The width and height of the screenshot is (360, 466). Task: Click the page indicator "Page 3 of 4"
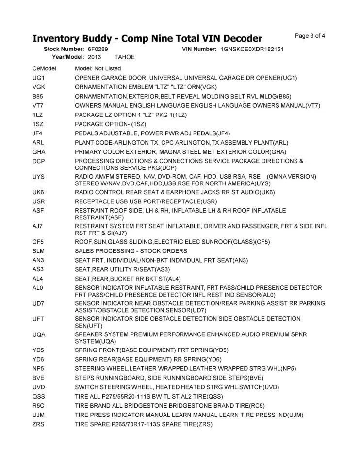tap(310, 36)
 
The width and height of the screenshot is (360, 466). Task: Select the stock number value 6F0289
tap(98, 50)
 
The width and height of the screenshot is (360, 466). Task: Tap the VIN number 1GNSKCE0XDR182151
tap(251, 50)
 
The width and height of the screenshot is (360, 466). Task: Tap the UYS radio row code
tap(39, 176)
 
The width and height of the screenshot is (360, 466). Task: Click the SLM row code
tap(39, 251)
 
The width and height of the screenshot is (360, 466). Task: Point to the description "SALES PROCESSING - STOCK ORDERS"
tap(131, 251)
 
